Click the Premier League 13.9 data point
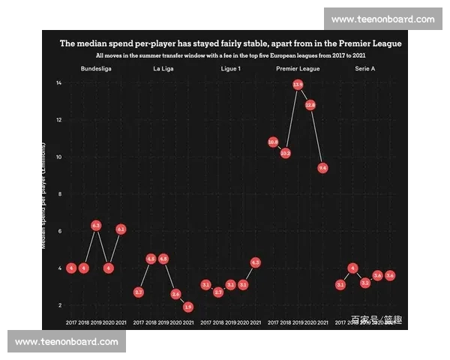298,85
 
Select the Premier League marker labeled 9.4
322,168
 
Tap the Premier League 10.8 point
273,142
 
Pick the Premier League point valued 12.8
310,105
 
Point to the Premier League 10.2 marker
285,153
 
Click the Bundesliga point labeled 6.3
96,225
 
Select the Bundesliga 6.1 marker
121,229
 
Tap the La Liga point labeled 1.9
187,307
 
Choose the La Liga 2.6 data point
175,294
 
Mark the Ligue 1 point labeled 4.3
255,262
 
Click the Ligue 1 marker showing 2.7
218,292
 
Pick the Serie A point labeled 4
352,268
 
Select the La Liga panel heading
163,69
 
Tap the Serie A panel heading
365,69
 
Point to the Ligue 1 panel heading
230,69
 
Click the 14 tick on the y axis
59,82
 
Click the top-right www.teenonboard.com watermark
382,19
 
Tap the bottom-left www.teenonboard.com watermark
67,342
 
